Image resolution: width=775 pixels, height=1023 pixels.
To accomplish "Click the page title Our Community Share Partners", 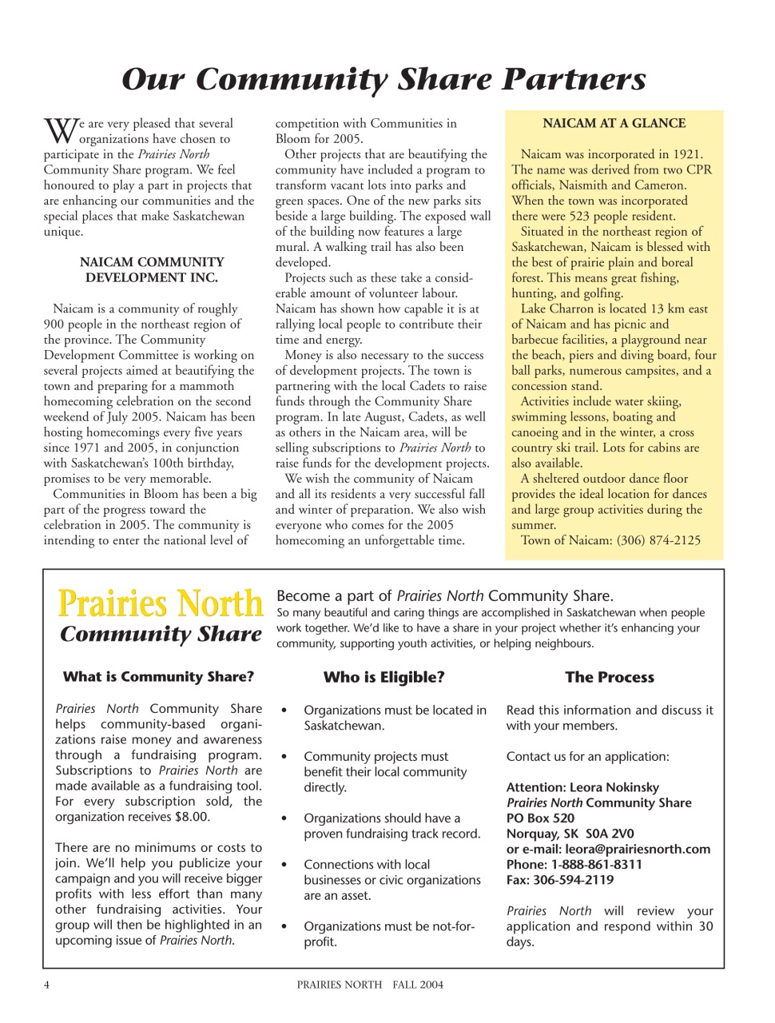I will [x=384, y=79].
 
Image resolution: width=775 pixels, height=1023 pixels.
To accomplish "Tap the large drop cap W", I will [x=58, y=130].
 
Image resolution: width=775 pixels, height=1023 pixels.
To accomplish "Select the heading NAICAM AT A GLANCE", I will [x=614, y=123].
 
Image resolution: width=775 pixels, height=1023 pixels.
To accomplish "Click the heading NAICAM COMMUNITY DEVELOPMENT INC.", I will [x=152, y=270].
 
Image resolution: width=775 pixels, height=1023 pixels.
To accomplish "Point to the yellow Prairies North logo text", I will [x=160, y=603].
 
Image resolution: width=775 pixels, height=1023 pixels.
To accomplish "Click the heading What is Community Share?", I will [x=158, y=677].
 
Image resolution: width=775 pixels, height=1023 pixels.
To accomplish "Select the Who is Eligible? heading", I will [x=384, y=678].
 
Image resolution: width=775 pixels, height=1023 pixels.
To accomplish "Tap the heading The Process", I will [x=609, y=678].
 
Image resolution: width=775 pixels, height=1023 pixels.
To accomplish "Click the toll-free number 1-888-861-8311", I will [x=596, y=865].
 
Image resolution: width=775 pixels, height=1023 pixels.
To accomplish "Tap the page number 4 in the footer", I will [x=46, y=985].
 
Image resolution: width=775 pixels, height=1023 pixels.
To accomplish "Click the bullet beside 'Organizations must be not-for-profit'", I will [x=284, y=927].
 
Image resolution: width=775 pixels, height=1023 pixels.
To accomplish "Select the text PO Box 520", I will [x=540, y=818].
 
